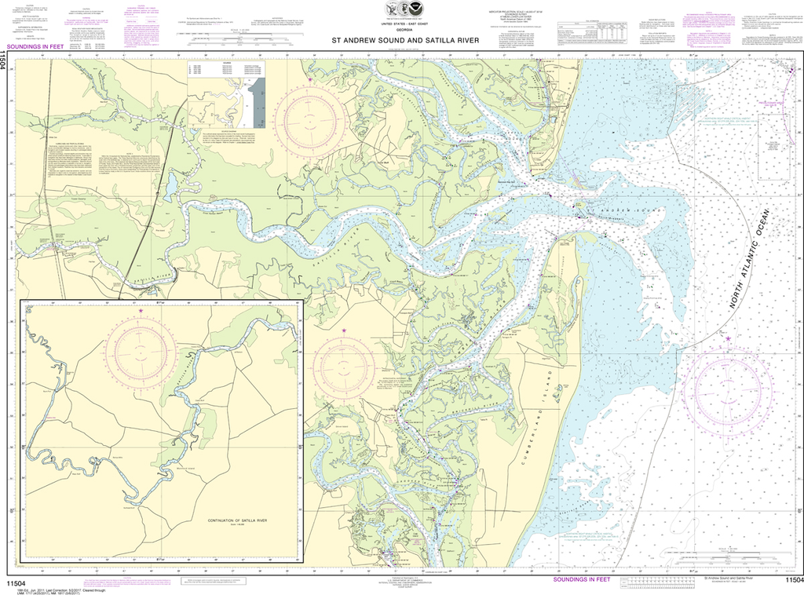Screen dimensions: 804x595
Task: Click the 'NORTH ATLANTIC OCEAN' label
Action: click(x=750, y=259)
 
